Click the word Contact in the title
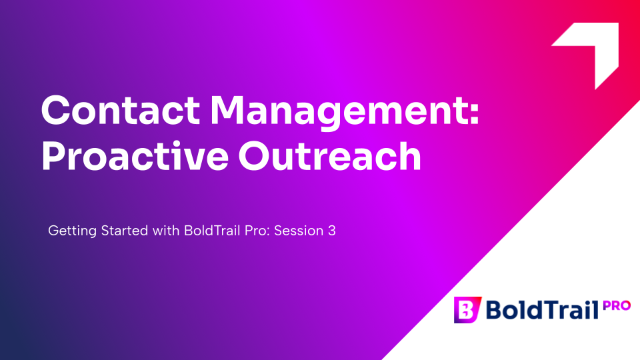tap(121, 110)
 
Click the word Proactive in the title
tap(135, 155)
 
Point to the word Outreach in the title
tap(330, 155)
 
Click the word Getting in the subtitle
tap(72, 231)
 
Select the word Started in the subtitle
tap(125, 231)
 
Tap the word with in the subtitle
tap(166, 231)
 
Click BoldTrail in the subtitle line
tap(212, 231)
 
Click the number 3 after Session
tap(332, 231)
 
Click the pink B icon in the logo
tap(467, 310)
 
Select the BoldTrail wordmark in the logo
tap(542, 310)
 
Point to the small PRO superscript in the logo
tap(617, 306)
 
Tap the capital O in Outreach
tap(255, 155)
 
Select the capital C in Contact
tap(56, 110)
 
